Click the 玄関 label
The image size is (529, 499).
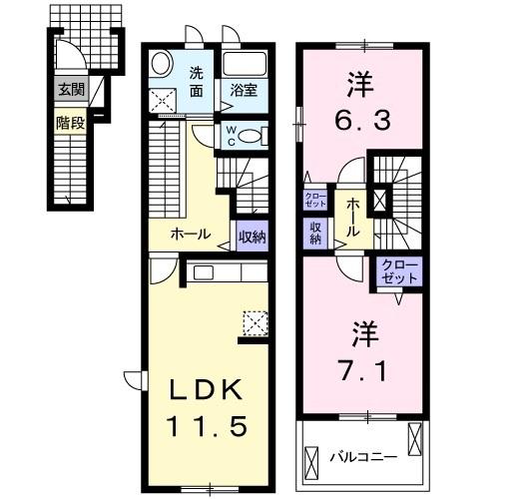(70, 89)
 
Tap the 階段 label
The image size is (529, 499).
(70, 126)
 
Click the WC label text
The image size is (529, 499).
(230, 134)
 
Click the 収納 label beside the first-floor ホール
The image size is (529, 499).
(253, 237)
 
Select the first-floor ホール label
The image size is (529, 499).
(190, 236)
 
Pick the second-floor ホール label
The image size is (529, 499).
(354, 217)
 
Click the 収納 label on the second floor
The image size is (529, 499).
(314, 232)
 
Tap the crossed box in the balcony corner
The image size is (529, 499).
(416, 439)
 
